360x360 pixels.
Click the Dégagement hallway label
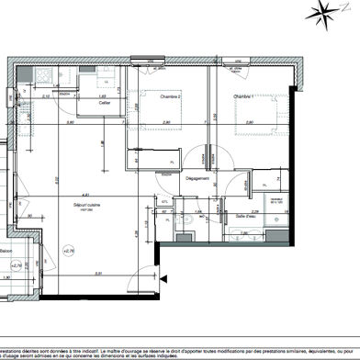[198, 179]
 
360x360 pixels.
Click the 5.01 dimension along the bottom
[97, 273]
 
